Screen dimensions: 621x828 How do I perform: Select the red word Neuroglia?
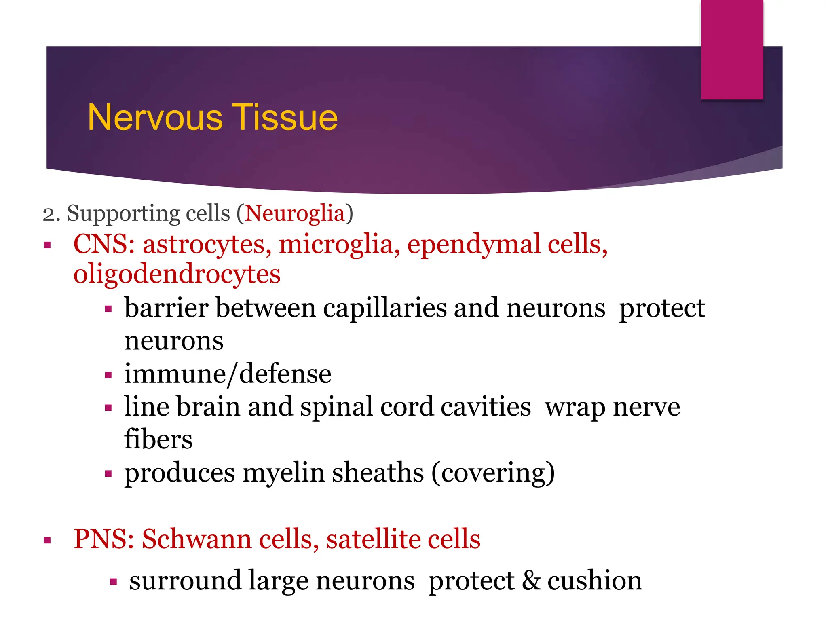(x=295, y=213)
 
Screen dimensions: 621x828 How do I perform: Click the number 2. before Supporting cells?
(x=51, y=214)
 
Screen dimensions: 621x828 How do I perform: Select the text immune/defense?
(x=228, y=374)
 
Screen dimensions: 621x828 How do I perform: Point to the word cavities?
(x=485, y=407)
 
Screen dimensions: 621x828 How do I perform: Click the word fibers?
(x=158, y=439)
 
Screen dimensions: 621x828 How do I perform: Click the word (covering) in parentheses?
(x=493, y=473)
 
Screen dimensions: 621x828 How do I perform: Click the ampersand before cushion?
(x=530, y=581)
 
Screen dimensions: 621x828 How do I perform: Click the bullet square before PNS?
(x=48, y=540)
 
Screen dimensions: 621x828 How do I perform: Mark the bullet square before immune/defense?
(x=108, y=375)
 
